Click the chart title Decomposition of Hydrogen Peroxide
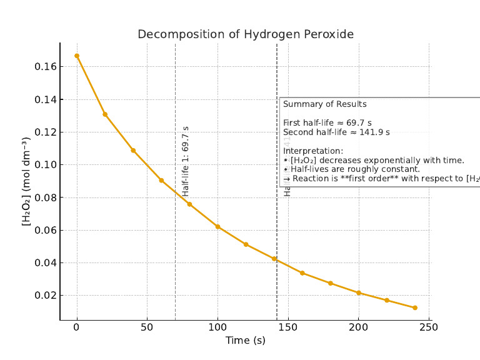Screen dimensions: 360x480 246,34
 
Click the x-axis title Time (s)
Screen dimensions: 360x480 246,340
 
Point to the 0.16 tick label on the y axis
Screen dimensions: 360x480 44,67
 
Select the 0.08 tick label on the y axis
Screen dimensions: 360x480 44,197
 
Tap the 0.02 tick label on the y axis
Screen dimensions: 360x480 44,295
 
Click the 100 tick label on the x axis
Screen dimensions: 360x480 217,327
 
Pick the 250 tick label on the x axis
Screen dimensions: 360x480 429,327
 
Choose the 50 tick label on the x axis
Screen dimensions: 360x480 147,327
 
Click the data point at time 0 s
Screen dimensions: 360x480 77,56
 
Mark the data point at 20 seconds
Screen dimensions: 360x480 105,114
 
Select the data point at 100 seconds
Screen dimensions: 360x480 217,226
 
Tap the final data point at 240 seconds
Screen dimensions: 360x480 415,307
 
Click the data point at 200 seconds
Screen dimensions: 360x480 359,292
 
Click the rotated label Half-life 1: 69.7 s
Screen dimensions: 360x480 185,161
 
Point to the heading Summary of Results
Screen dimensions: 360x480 325,104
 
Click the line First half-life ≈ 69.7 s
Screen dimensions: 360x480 327,123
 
